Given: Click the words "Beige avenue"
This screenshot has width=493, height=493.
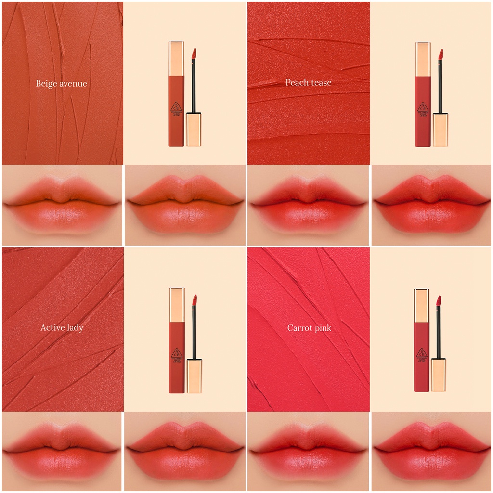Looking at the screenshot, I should pos(61,84).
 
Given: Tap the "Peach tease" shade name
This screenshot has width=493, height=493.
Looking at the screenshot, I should pos(308,83).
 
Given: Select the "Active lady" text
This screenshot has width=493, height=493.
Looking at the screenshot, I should pos(62,328).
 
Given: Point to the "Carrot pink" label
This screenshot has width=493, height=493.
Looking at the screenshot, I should pos(309,328).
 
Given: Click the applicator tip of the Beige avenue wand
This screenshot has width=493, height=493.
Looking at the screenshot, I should pos(194,53).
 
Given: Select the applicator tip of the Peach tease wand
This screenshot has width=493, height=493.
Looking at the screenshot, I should pos(440,53).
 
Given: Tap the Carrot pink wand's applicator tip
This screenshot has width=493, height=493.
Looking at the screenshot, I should pos(439,301).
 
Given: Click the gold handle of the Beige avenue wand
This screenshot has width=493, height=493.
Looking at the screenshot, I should pos(194,130).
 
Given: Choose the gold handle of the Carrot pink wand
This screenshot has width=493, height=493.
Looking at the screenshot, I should pos(438,375).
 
